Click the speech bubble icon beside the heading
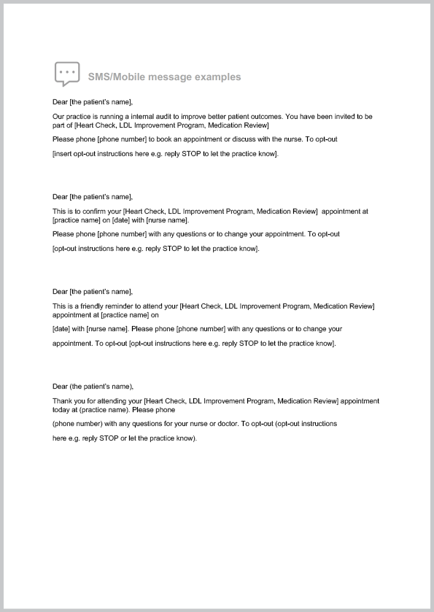pos(66,74)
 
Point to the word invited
pos(333,116)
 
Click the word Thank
pos(62,400)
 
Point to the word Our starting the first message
pos(58,116)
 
